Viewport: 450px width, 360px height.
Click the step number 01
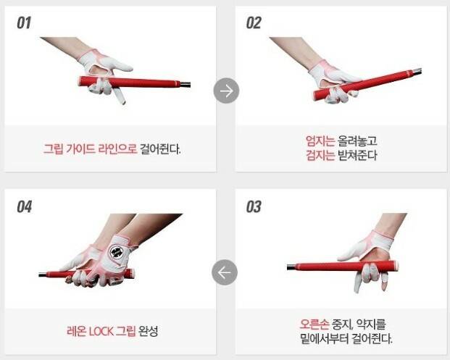point(24,23)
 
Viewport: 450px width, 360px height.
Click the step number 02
point(254,23)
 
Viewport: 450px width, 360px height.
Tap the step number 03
point(254,206)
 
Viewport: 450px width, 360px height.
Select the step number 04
point(24,206)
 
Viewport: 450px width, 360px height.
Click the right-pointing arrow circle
point(226,91)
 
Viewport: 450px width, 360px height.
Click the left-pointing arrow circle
point(225,272)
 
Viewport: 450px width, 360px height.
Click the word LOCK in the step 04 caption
point(101,331)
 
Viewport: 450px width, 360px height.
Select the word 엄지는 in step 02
point(320,141)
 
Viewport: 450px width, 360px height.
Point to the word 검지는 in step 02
point(320,155)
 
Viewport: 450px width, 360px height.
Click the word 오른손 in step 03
point(314,324)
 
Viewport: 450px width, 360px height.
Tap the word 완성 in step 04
point(148,331)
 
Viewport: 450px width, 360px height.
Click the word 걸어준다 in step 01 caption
point(160,149)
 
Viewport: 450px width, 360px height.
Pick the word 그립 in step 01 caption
point(53,149)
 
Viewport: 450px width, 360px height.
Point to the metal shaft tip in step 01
point(186,85)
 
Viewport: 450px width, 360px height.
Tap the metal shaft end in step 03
point(291,267)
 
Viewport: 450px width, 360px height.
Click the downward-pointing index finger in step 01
point(119,96)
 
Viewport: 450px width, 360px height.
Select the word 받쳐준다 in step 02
point(357,155)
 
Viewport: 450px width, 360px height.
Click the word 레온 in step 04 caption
point(76,331)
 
